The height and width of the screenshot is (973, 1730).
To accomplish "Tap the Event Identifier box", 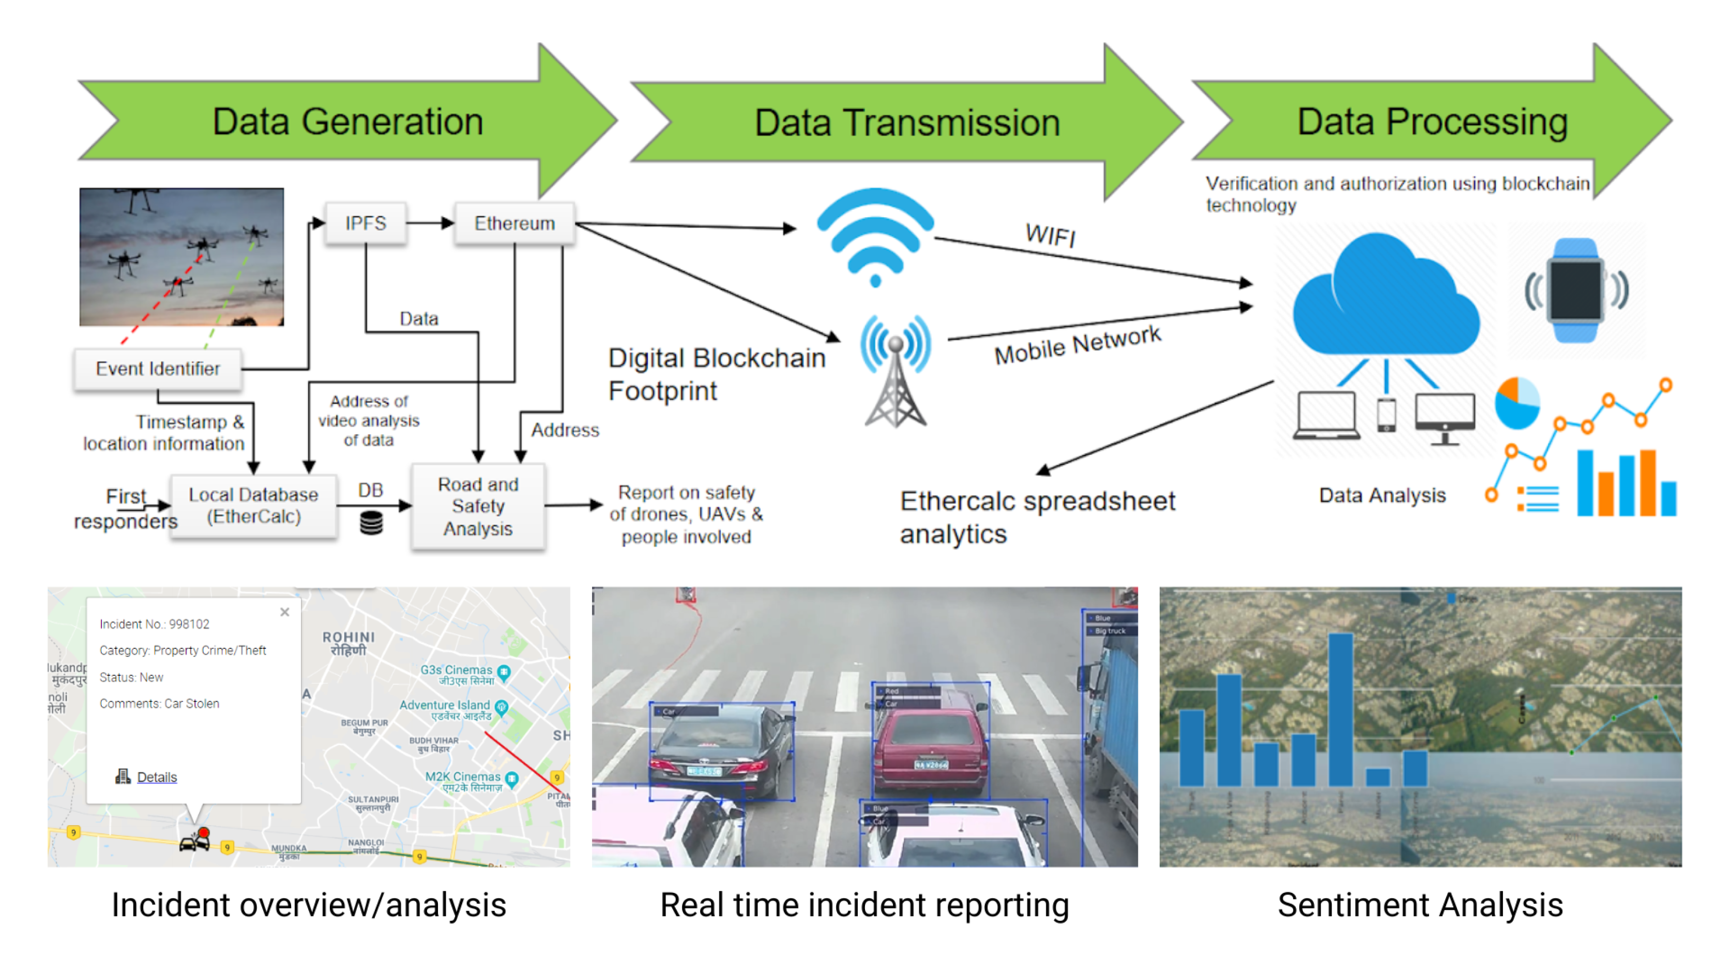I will pos(158,369).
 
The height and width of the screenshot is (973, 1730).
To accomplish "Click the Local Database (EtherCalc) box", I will pos(253,506).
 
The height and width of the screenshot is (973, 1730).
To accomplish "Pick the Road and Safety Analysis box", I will pos(478,506).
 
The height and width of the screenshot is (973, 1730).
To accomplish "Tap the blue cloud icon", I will pos(1385,295).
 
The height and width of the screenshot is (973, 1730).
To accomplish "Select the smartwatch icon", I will pos(1575,290).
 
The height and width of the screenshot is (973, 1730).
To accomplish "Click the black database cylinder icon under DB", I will pos(371,522).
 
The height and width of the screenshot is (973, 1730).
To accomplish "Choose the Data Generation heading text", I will pos(348,121).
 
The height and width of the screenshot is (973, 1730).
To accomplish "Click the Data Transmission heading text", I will pos(907,123).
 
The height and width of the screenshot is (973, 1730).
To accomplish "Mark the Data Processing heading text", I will pos(1432,121).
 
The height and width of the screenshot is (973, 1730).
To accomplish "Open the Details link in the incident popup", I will pos(157,777).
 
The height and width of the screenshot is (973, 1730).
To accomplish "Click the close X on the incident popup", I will pos(285,612).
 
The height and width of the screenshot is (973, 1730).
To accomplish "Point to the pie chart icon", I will pos(1516,403).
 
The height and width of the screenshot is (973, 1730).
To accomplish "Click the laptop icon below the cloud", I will pos(1326,416).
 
